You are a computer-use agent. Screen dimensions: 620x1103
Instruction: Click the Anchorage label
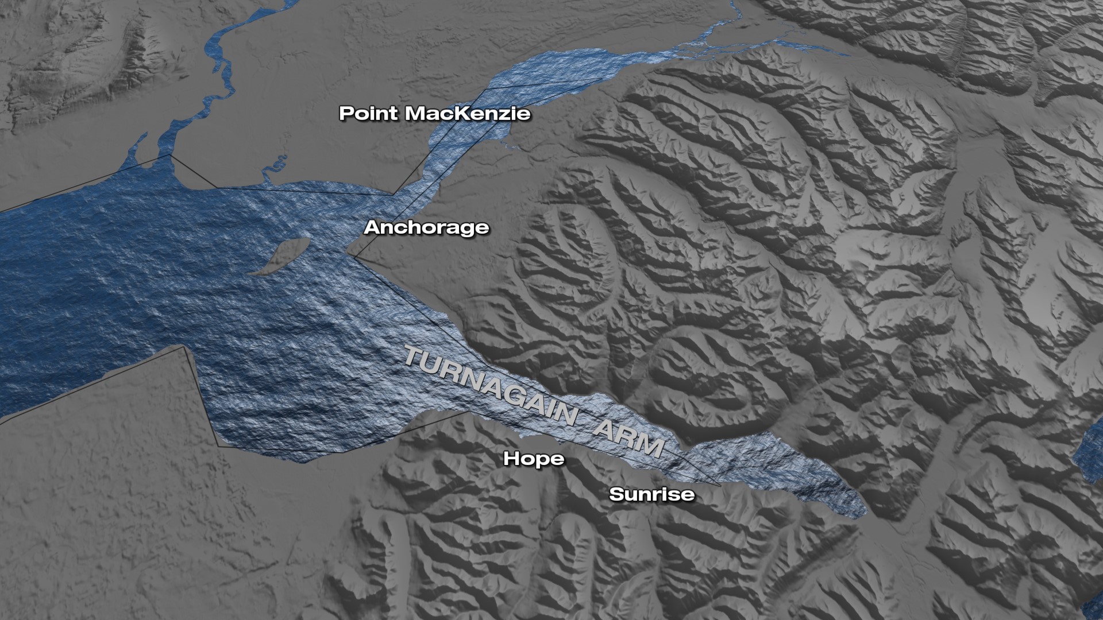coord(427,228)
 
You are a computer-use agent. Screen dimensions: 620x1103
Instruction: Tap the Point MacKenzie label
coord(435,113)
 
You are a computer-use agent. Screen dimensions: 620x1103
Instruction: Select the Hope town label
coord(534,459)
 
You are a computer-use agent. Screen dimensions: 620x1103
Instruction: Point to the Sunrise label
coord(652,494)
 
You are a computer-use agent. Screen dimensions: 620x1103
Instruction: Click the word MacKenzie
coord(468,113)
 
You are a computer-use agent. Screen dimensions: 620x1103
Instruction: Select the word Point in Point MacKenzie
coord(368,113)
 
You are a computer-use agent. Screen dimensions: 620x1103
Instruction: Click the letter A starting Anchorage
coord(372,228)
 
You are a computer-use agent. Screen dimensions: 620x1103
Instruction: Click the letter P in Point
coord(346,113)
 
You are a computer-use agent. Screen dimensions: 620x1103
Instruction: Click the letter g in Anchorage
coord(460,230)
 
